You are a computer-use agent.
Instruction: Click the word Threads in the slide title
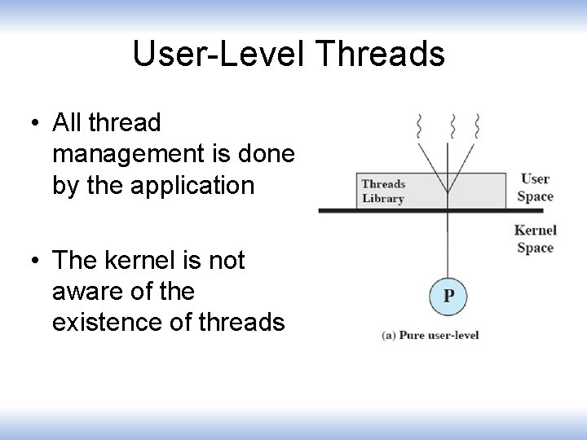pyautogui.click(x=379, y=55)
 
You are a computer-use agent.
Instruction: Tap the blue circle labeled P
pyautogui.click(x=448, y=295)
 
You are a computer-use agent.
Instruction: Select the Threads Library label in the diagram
pyautogui.click(x=383, y=191)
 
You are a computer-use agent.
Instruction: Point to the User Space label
pyautogui.click(x=535, y=187)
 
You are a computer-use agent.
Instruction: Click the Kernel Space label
pyautogui.click(x=535, y=239)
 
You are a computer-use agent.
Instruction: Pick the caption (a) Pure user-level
pyautogui.click(x=430, y=335)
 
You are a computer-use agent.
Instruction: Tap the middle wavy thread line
pyautogui.click(x=452, y=126)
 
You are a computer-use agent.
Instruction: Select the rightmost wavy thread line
pyautogui.click(x=477, y=126)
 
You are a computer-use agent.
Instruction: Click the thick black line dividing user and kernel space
pyautogui.click(x=367, y=210)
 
